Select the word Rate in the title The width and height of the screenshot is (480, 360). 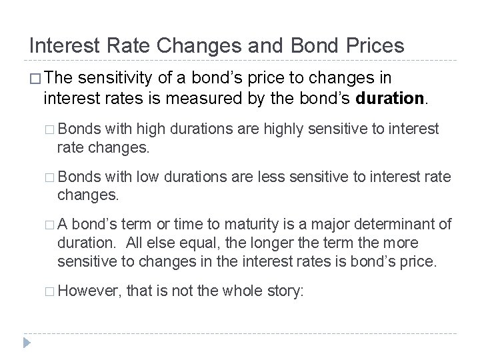tap(130, 45)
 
